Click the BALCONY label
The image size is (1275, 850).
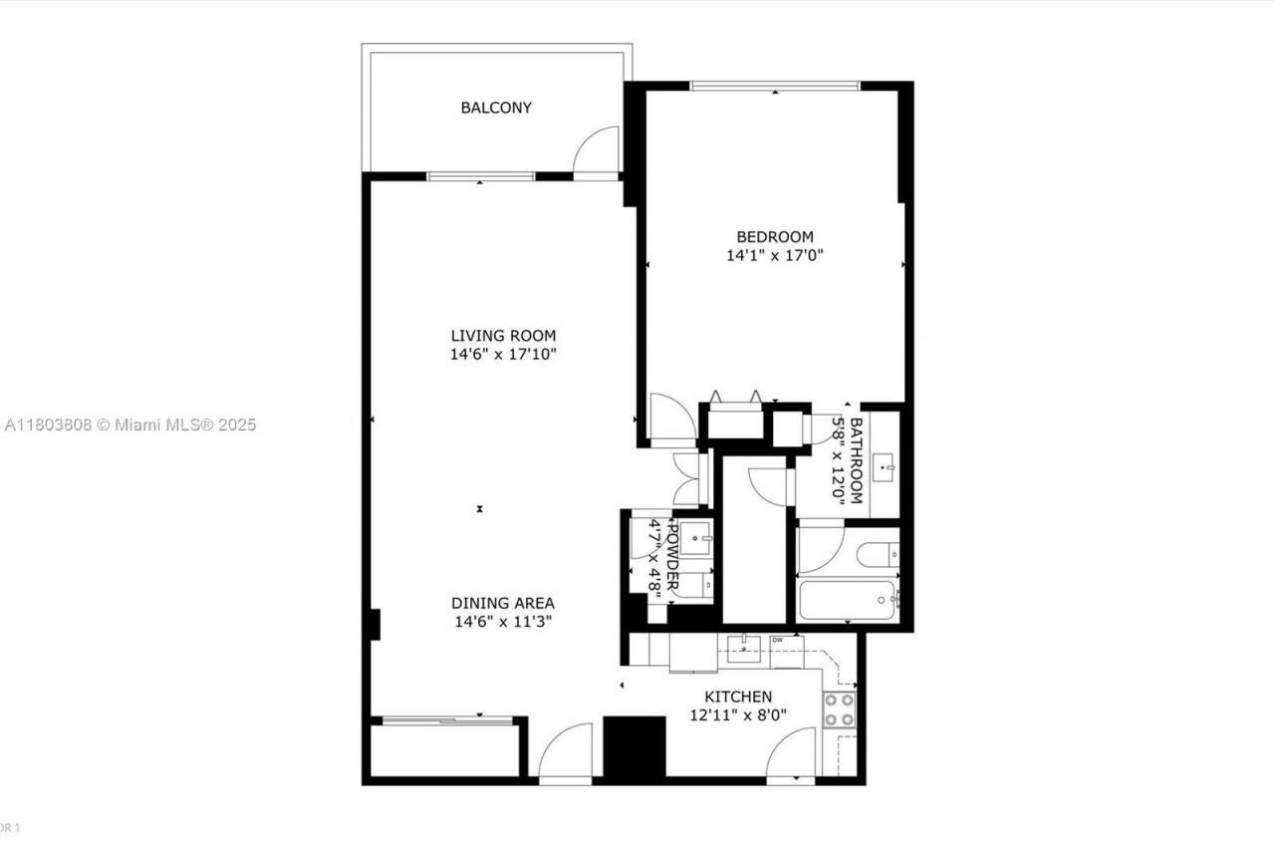(495, 108)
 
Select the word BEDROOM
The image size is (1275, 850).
(774, 237)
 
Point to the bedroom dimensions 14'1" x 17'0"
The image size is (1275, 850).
(774, 255)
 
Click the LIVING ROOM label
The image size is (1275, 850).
(502, 336)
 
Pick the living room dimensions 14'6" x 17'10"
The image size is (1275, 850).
(502, 354)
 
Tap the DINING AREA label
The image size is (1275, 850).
(502, 603)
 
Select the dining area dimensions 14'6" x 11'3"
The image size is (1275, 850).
(502, 621)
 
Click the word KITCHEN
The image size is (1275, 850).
(737, 697)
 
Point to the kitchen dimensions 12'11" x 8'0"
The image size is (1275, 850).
(737, 714)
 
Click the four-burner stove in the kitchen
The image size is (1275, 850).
(839, 708)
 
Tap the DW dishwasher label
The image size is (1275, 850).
(777, 640)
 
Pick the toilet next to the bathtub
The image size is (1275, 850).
(883, 553)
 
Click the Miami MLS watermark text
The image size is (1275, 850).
(129, 425)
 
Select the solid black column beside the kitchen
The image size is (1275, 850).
(635, 747)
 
